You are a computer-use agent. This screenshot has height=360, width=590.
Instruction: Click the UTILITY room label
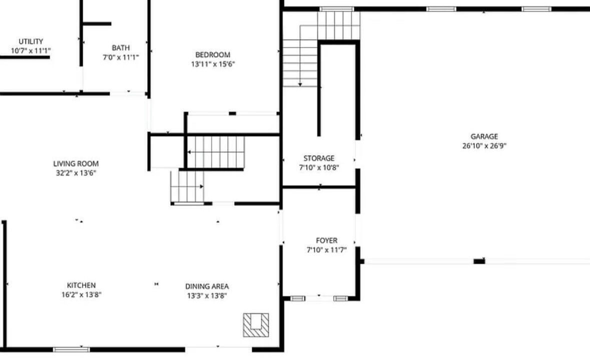point(31,41)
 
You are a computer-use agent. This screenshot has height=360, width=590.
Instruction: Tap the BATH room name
point(121,47)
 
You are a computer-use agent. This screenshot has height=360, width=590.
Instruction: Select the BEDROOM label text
point(213,54)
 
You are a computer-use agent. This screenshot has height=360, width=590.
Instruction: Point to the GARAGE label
point(484,136)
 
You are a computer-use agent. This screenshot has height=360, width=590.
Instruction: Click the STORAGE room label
point(319,158)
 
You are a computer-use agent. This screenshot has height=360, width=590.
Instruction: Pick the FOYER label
point(327,240)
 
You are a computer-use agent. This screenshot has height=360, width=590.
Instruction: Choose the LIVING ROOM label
point(76,163)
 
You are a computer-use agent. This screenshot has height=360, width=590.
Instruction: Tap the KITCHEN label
point(81,285)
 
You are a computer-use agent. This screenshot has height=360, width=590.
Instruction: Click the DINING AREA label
point(207,286)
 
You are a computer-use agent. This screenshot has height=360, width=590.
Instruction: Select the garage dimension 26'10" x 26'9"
point(484,146)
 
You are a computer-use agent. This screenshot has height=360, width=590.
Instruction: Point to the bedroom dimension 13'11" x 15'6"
point(213,64)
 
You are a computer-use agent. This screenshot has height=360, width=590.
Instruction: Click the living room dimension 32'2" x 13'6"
point(76,173)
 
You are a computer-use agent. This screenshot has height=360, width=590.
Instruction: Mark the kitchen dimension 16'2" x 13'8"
point(81,294)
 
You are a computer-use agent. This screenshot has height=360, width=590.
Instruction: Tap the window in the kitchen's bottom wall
point(72,349)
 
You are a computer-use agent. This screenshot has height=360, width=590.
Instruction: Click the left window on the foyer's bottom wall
point(298,298)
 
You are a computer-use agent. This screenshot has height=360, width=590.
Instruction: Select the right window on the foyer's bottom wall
point(340,298)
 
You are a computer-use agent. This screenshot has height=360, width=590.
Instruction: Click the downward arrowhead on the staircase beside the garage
point(300,84)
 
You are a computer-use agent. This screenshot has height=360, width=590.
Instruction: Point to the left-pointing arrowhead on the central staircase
point(189,152)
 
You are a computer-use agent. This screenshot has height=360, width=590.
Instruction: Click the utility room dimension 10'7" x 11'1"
point(31,50)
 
